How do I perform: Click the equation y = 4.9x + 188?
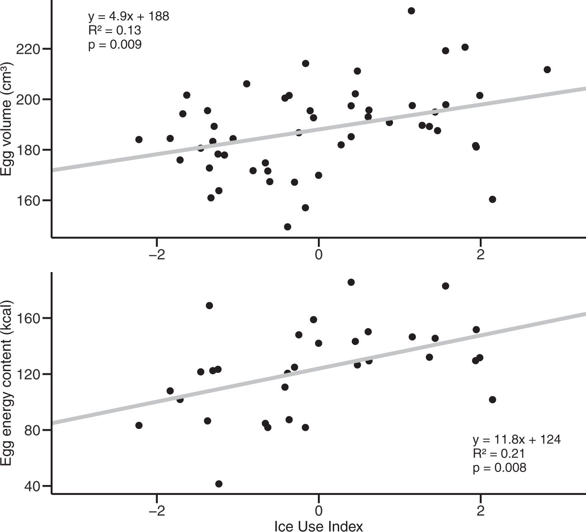click(128, 17)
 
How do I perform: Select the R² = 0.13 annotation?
click(114, 31)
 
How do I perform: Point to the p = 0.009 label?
click(114, 45)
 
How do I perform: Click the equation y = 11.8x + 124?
click(516, 439)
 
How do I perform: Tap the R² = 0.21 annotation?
click(499, 453)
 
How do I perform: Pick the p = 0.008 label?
click(499, 467)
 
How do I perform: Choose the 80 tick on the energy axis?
click(34, 430)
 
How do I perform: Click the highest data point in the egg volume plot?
click(411, 11)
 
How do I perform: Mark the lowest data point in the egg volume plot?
click(288, 227)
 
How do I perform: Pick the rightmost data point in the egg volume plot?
click(547, 70)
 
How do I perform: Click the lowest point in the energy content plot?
click(219, 484)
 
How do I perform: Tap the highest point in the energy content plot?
click(351, 282)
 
